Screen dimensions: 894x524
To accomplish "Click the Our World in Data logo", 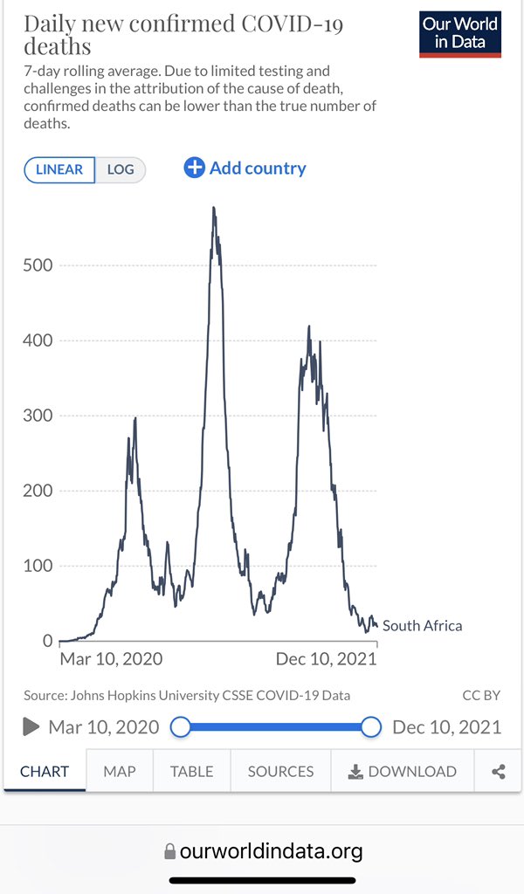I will (x=460, y=35).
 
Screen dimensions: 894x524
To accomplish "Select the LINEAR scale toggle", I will (x=59, y=169).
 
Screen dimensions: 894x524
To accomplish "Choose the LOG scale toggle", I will (x=121, y=169).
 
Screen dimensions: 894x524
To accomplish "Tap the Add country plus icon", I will (x=194, y=168).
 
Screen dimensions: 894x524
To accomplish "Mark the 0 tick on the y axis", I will (x=47, y=641).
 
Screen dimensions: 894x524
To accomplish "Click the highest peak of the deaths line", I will (x=213, y=208).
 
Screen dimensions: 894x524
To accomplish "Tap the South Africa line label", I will (x=422, y=625).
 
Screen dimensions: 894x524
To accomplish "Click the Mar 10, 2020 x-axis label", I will (x=111, y=659).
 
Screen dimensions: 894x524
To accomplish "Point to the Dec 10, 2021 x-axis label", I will (x=326, y=659).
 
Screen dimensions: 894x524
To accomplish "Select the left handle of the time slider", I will (x=181, y=726).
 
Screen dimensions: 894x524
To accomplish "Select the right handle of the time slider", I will (x=371, y=726).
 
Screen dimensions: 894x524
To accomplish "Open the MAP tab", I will (x=119, y=771).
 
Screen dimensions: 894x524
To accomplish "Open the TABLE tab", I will (x=191, y=771).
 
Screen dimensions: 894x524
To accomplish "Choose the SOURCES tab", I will (x=280, y=771).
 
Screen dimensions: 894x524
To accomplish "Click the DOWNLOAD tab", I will (x=403, y=771).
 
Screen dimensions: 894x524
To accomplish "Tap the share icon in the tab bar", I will (x=499, y=771).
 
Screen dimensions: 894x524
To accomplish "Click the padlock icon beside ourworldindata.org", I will (x=169, y=851).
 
